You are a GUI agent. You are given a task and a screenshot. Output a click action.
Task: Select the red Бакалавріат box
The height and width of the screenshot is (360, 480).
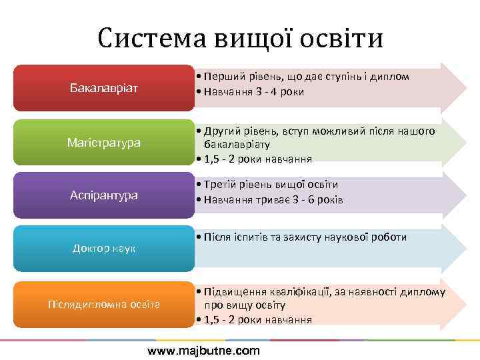[x=103, y=88]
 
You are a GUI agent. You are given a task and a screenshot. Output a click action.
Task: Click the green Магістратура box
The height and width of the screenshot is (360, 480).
[x=103, y=142]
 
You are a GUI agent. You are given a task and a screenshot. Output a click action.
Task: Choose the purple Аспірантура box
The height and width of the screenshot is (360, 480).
[x=103, y=195]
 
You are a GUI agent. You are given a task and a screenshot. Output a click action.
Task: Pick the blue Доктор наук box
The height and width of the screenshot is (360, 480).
[x=103, y=248]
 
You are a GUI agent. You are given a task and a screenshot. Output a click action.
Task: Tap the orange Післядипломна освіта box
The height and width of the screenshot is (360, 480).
[x=103, y=304]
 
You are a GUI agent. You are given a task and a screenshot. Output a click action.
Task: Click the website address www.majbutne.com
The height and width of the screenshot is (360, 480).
[x=203, y=351]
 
